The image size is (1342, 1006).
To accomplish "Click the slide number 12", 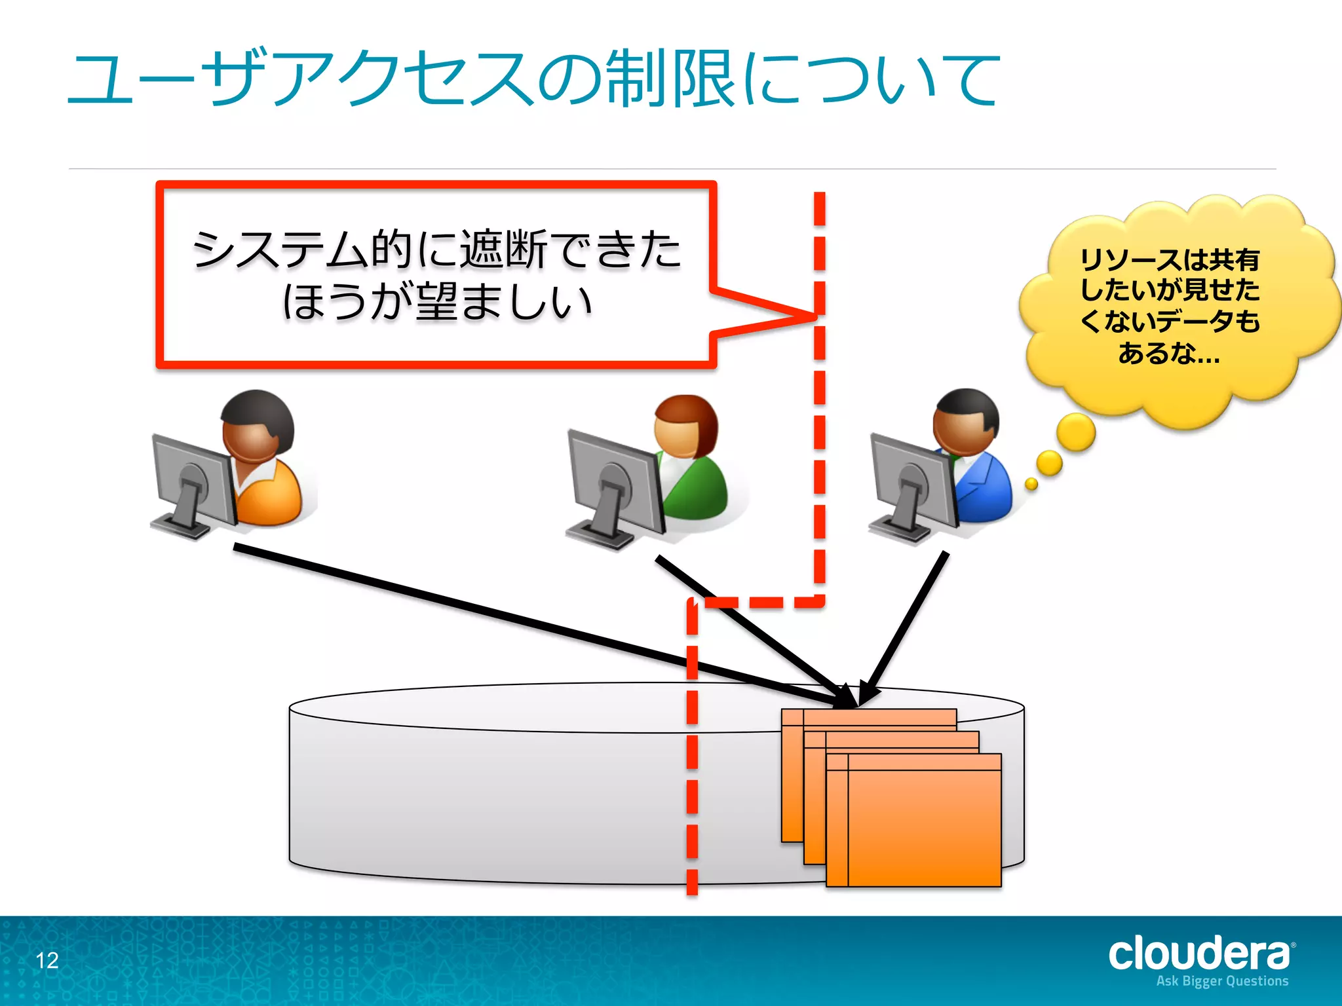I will [x=47, y=960].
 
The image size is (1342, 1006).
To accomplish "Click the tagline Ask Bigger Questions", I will [x=1222, y=981].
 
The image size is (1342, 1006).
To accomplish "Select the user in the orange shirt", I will [x=262, y=458].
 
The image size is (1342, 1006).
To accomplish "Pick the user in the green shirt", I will [x=688, y=458].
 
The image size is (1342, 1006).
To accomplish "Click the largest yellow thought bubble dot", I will [x=1075, y=432].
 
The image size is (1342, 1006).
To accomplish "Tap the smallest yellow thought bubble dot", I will [x=1031, y=484].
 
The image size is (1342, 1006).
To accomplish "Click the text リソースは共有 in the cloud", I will [x=1170, y=260].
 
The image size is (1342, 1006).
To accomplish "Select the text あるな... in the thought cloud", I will [x=1170, y=354].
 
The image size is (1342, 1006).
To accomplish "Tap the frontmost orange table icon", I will [x=924, y=822].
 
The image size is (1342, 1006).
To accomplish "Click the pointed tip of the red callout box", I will [x=813, y=316].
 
